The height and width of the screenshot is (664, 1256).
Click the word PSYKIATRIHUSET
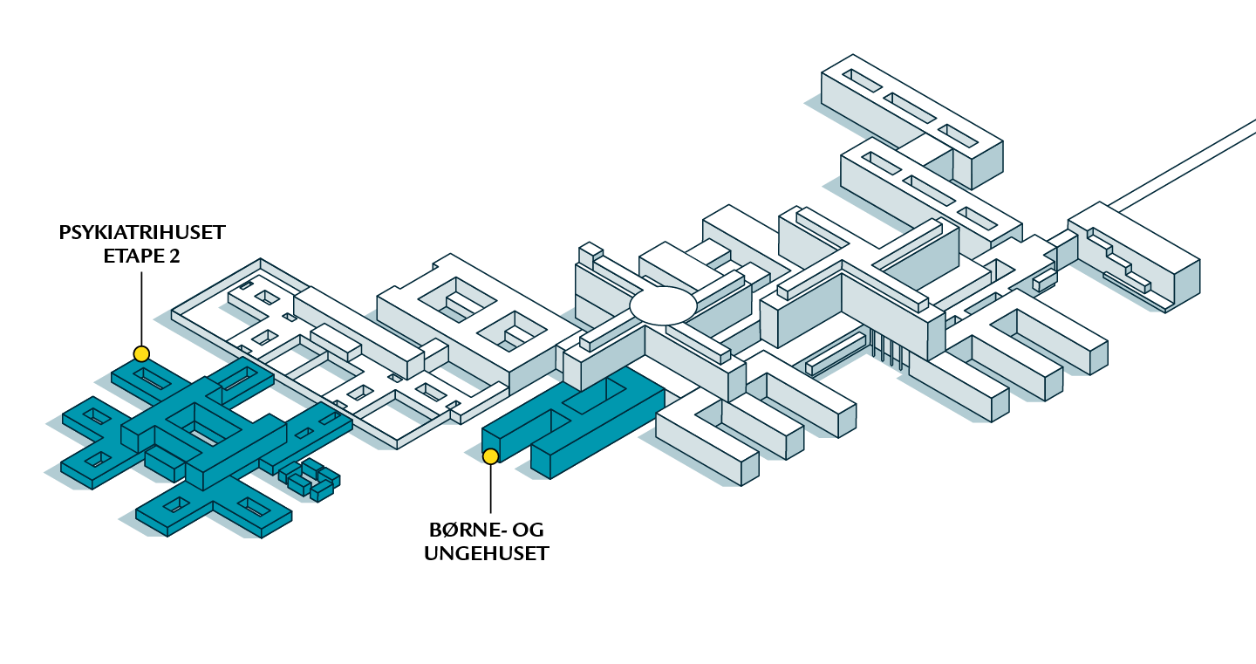click(x=142, y=233)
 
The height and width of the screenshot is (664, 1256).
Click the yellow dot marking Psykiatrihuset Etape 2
click(x=141, y=353)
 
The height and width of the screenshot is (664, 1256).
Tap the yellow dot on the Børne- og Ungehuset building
click(x=491, y=455)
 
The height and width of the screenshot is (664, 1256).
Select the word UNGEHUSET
click(x=487, y=553)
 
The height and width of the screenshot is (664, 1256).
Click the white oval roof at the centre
click(x=664, y=305)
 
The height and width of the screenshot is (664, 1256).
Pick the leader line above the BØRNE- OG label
click(x=491, y=489)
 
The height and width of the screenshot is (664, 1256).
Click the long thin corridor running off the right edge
click(x=1186, y=167)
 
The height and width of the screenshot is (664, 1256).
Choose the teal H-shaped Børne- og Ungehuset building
click(x=576, y=419)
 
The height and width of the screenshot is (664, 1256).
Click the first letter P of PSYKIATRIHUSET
click(x=65, y=233)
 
